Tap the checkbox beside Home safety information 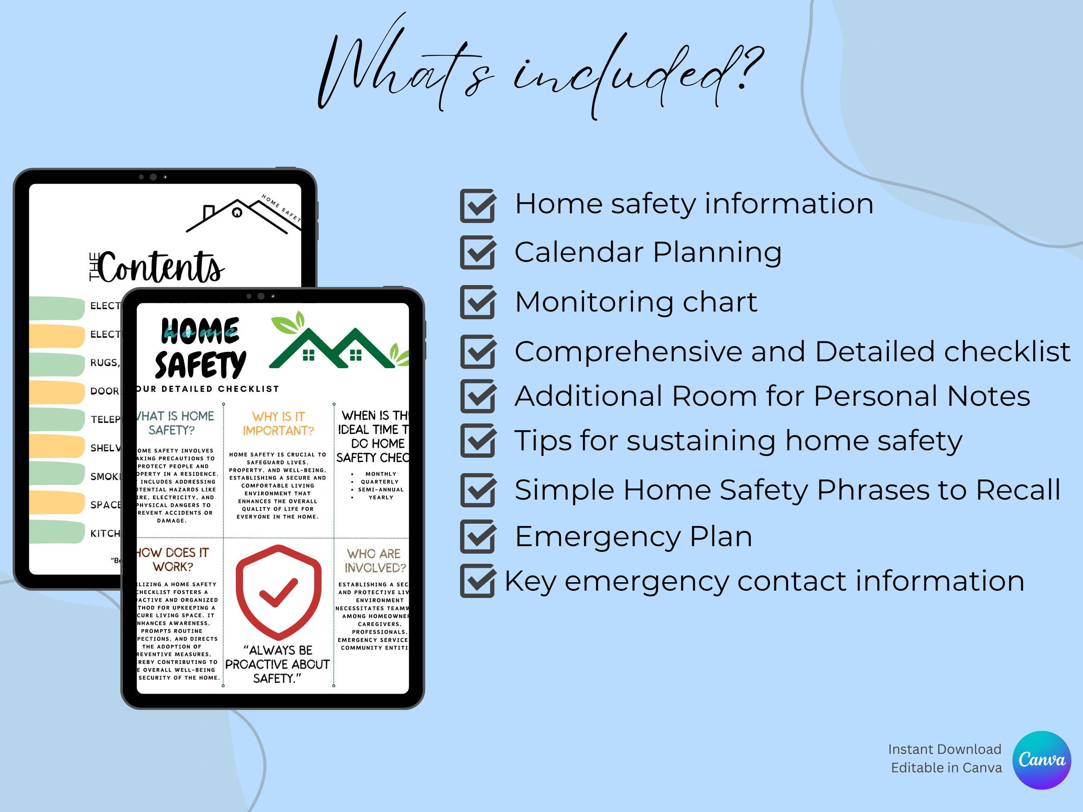pyautogui.click(x=477, y=206)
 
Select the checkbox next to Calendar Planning pyautogui.click(x=477, y=253)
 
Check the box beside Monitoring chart pyautogui.click(x=477, y=302)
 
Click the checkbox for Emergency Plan pyautogui.click(x=477, y=537)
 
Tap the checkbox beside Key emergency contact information pyautogui.click(x=477, y=581)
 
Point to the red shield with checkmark pyautogui.click(x=279, y=592)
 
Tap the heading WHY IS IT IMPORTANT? pyautogui.click(x=278, y=424)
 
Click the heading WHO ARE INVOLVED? pyautogui.click(x=375, y=561)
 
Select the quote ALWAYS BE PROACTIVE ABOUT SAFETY pyautogui.click(x=278, y=664)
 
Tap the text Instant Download pyautogui.click(x=945, y=749)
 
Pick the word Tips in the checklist pyautogui.click(x=542, y=441)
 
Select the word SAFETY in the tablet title pyautogui.click(x=200, y=364)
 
